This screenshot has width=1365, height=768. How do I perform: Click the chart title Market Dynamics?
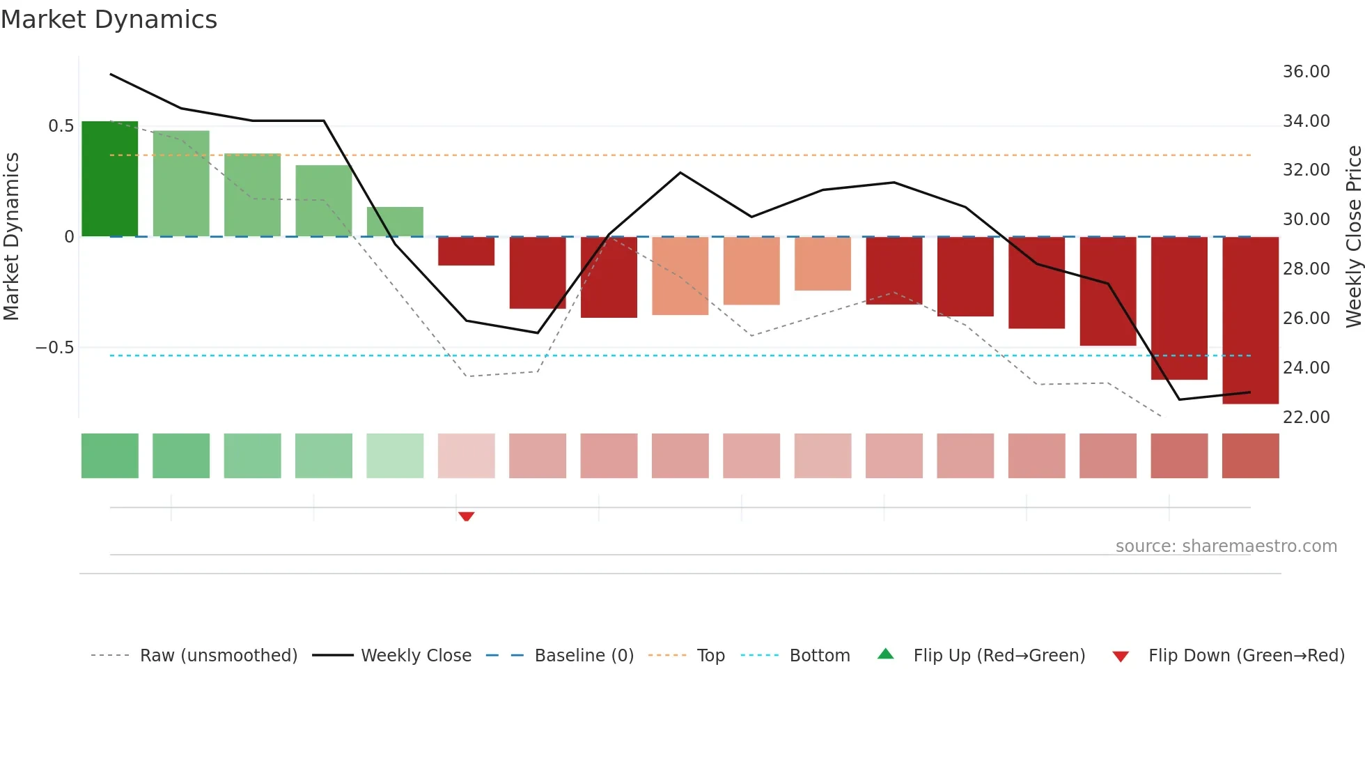109,20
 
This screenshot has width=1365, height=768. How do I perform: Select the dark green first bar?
110,179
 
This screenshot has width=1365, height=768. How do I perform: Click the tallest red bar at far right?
1250,320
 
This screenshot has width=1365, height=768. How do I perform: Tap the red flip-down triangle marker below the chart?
466,516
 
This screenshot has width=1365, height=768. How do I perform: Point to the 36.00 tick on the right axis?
1306,72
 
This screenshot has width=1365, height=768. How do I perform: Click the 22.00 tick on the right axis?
1306,417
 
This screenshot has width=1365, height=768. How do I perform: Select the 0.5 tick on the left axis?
61,126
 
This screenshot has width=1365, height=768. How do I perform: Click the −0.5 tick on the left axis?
55,348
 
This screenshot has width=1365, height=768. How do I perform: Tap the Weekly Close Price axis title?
1353,237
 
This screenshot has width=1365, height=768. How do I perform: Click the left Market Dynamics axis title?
11,237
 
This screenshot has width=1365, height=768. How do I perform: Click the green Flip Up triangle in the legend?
885,654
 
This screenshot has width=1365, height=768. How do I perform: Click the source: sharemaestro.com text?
1226,546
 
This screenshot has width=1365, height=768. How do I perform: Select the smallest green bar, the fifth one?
395,222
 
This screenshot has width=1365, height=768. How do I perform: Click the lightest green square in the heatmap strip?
395,456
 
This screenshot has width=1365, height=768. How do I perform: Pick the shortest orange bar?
822,263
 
